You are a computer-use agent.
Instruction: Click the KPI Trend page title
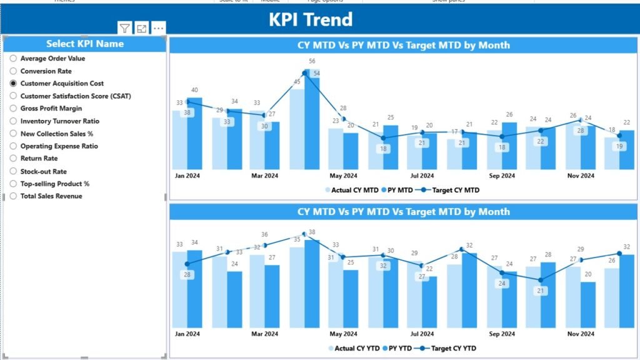(311, 19)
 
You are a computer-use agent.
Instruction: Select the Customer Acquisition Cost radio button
(13, 83)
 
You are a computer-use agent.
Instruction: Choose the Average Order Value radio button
(13, 58)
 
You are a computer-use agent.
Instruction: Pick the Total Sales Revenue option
(51, 196)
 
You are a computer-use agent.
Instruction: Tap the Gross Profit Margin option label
(51, 108)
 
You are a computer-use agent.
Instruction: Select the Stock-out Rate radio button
(13, 171)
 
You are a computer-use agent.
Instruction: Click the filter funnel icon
(125, 28)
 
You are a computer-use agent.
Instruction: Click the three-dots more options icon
(159, 28)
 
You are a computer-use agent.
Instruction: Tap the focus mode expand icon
(142, 28)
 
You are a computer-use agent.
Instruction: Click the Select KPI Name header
(85, 44)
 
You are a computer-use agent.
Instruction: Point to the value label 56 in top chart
(312, 61)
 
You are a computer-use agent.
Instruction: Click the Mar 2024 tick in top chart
(264, 176)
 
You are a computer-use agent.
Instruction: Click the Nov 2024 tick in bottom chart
(581, 333)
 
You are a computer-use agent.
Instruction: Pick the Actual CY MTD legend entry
(351, 190)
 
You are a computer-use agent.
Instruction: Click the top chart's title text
(403, 45)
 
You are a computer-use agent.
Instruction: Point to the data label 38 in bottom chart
(312, 232)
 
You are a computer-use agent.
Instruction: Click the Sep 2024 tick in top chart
(502, 176)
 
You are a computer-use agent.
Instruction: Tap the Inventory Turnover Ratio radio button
(13, 121)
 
